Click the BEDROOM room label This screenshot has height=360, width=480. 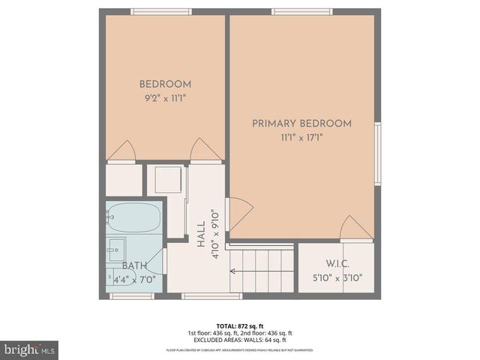click(165, 84)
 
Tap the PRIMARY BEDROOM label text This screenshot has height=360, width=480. click(301, 124)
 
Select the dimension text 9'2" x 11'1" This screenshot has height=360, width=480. click(165, 98)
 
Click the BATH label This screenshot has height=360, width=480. click(135, 265)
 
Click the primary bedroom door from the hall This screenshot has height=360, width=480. click(239, 213)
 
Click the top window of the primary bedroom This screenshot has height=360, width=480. click(302, 11)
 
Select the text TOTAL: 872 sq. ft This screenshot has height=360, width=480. click(240, 326)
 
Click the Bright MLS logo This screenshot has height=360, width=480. click(30, 349)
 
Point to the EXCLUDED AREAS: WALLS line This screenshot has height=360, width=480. click(240, 340)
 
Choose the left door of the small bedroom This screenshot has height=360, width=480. click(121, 151)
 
